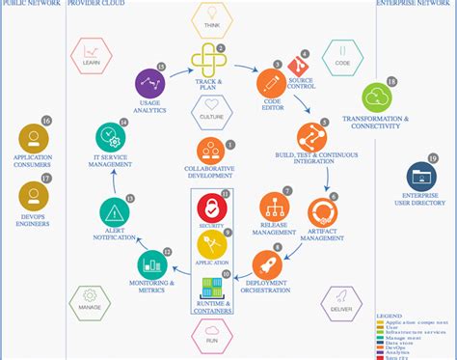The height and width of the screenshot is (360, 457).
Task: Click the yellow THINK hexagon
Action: (x=212, y=20)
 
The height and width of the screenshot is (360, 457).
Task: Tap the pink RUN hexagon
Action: (x=212, y=333)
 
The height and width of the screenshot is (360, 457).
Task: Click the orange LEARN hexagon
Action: (x=93, y=55)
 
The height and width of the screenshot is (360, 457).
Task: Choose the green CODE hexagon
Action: (x=342, y=56)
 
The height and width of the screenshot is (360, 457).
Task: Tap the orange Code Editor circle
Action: (x=269, y=84)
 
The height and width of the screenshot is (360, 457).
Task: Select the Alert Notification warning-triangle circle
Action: (x=116, y=212)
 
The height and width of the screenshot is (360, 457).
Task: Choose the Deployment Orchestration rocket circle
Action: (x=267, y=263)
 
